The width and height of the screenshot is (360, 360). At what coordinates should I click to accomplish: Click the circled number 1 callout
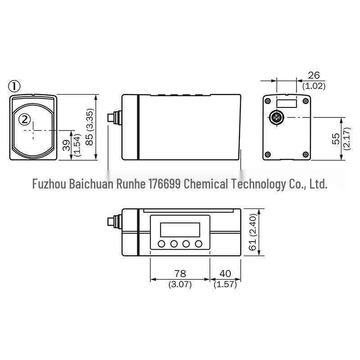(x=14, y=86)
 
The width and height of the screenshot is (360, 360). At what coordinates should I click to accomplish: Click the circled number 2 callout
(x=24, y=120)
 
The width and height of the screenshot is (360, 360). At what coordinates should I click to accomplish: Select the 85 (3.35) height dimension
(x=89, y=127)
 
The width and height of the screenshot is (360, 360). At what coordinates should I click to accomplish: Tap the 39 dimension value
(x=67, y=145)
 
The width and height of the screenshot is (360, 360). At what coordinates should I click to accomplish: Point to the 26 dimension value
(x=314, y=75)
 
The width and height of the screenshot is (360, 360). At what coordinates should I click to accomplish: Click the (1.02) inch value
(x=314, y=86)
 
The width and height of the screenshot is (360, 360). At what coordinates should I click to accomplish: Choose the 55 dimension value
(x=336, y=139)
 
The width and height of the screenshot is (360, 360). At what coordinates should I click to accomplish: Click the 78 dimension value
(x=180, y=274)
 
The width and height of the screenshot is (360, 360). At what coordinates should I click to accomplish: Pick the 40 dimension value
(x=225, y=274)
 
